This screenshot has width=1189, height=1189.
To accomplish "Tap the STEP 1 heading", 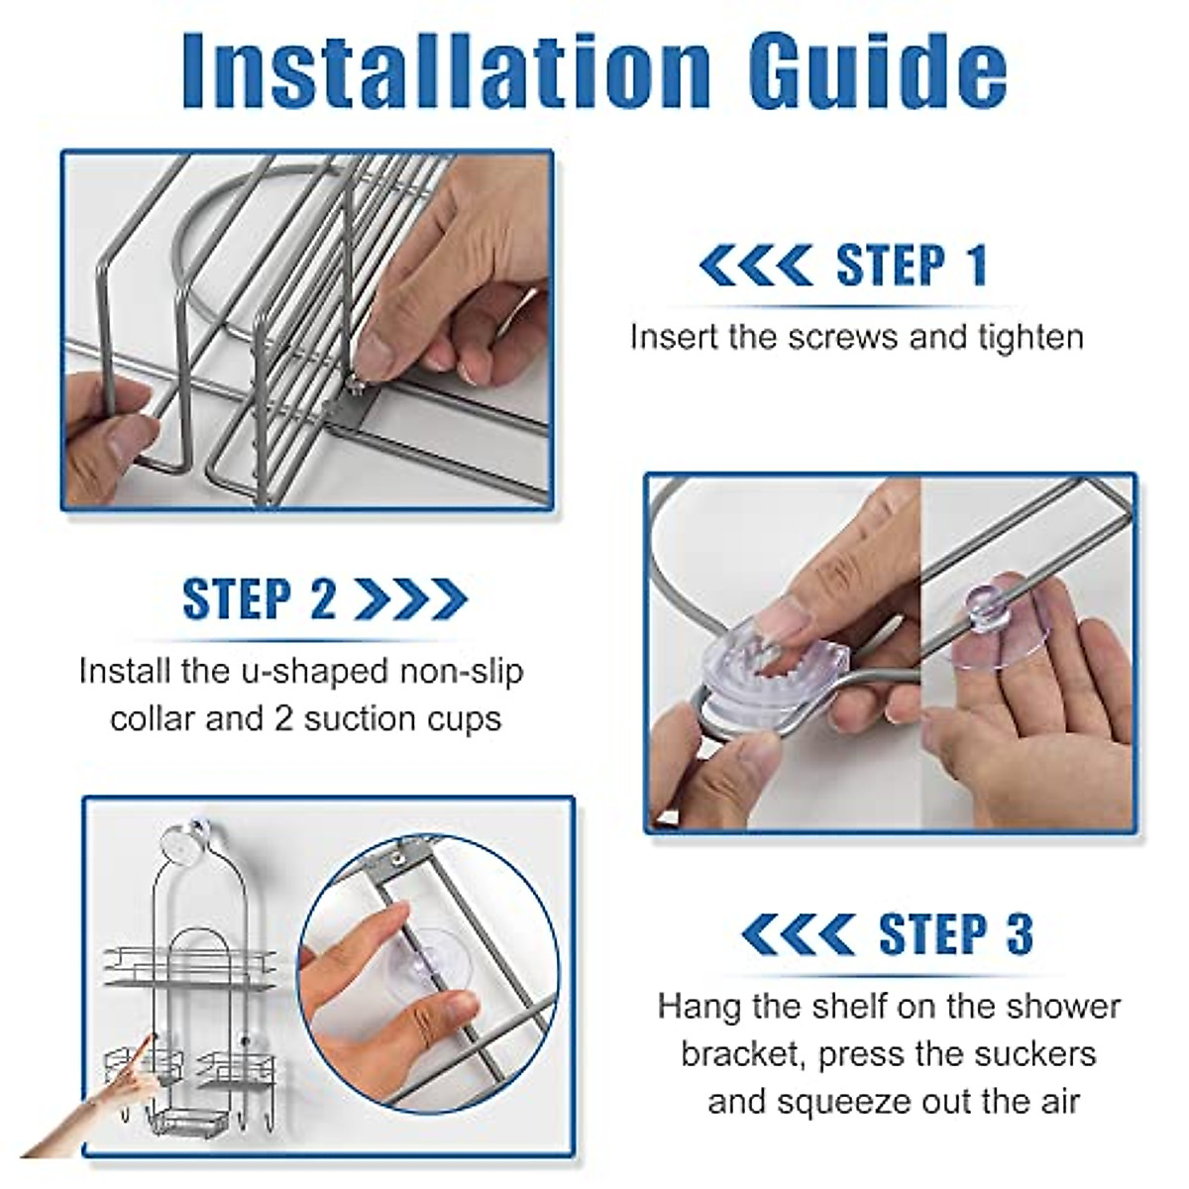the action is (912, 266).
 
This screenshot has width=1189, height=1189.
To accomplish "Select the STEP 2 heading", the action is (260, 597).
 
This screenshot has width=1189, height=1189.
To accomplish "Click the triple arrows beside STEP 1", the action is (756, 266).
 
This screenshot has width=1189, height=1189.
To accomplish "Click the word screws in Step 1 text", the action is (845, 338).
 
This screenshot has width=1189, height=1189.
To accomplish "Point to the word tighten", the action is (1031, 337).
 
